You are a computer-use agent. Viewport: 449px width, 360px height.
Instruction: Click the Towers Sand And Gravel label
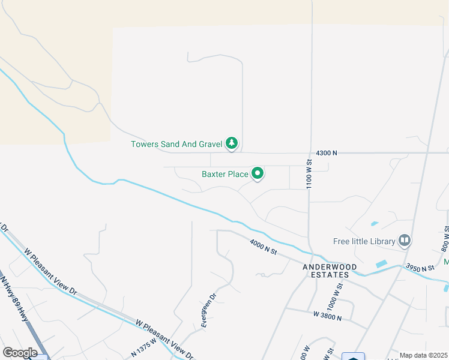point(176,144)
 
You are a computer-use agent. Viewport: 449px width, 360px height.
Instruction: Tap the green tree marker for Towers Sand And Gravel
point(232,143)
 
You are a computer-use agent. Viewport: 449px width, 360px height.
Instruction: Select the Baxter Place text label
point(225,175)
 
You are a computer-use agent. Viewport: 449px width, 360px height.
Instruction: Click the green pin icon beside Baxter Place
point(258,174)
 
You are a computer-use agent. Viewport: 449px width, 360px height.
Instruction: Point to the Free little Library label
point(364,242)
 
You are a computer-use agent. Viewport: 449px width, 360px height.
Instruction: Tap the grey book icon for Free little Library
point(405,241)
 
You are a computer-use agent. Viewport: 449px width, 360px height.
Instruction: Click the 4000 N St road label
point(263,247)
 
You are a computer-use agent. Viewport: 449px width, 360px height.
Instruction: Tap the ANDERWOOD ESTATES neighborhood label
point(330,271)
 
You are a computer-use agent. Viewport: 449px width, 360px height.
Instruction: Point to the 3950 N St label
point(420,268)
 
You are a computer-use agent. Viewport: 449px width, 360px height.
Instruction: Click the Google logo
point(20,352)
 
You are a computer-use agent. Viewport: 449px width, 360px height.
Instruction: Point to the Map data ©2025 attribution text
point(423,355)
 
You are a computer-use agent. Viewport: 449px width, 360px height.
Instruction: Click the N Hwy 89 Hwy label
point(15,297)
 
